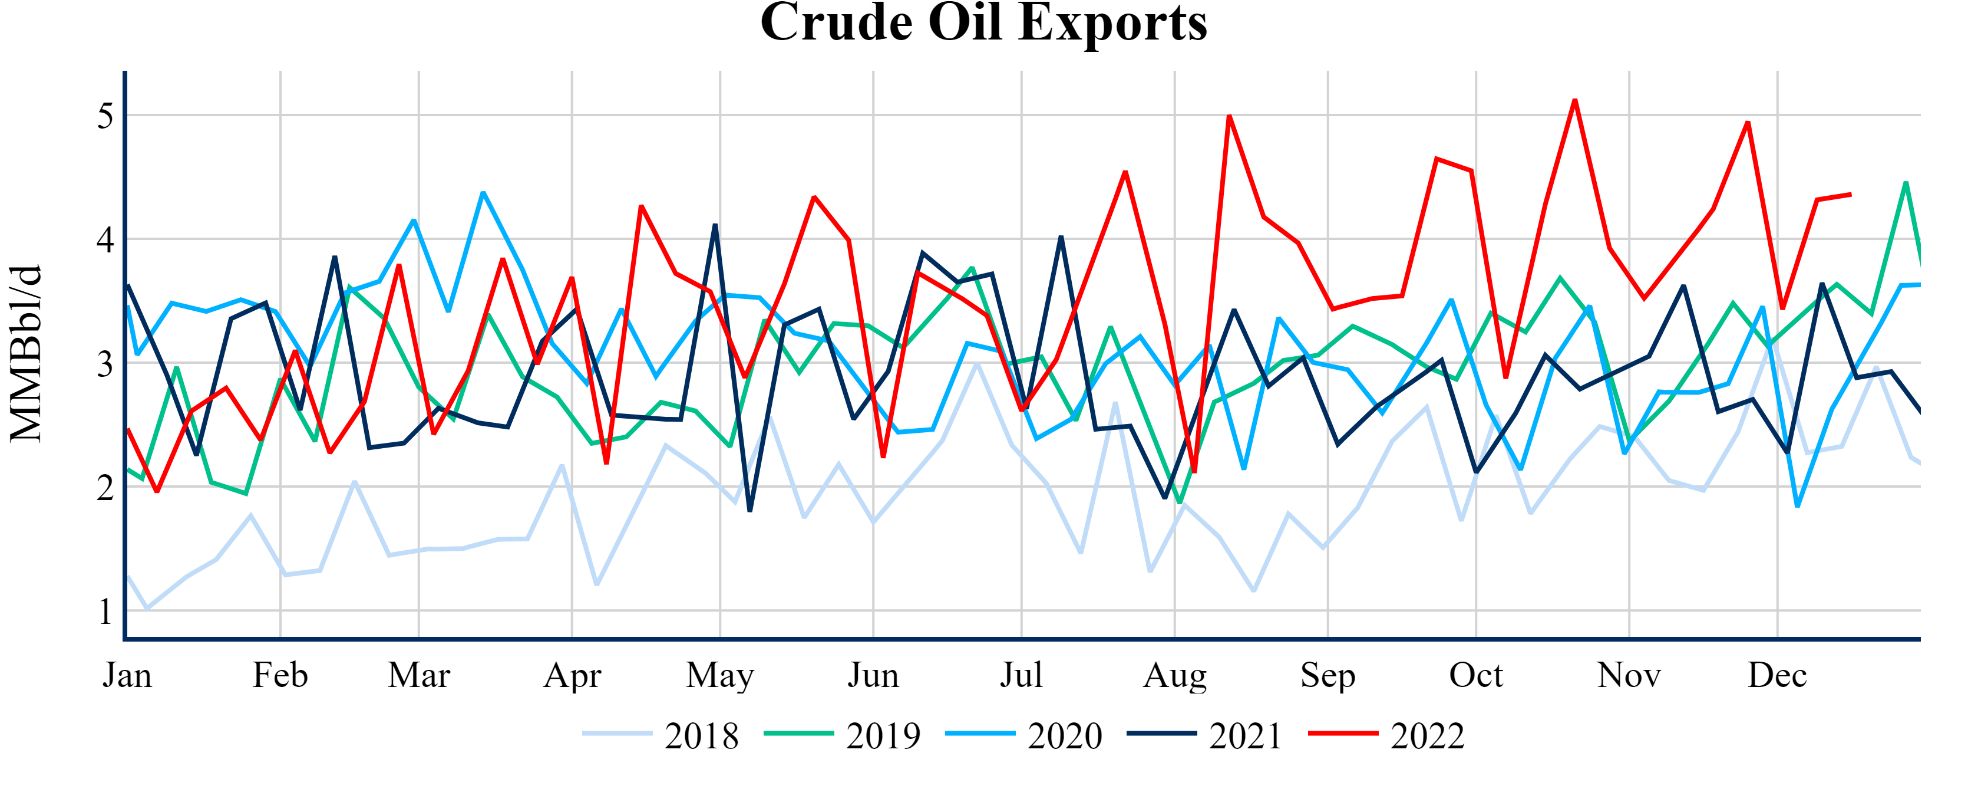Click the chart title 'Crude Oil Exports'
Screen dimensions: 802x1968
(983, 23)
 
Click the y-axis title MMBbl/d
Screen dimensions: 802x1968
(26, 354)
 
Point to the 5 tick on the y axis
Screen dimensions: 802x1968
(105, 116)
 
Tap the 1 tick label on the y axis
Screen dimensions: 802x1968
(105, 612)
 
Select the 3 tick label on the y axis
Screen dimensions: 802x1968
(105, 364)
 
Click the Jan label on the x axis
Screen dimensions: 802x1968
(128, 676)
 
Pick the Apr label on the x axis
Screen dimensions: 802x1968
(572, 676)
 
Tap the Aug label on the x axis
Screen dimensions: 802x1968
(1174, 676)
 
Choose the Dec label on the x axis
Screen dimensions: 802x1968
(1777, 676)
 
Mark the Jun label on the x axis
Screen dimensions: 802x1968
(873, 676)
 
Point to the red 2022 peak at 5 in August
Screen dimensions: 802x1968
(1229, 116)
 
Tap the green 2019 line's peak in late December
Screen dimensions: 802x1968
(1906, 182)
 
